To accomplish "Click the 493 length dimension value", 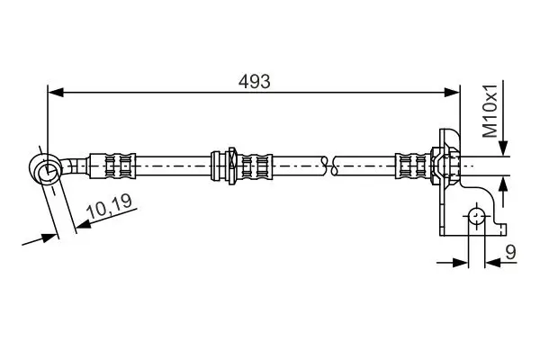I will (x=255, y=81).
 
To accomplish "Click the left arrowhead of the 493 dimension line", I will (x=54, y=91).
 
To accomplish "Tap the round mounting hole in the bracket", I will (x=476, y=216).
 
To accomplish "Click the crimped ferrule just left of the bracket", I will (x=412, y=166).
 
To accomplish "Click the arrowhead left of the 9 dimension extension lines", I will (x=463, y=263).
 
